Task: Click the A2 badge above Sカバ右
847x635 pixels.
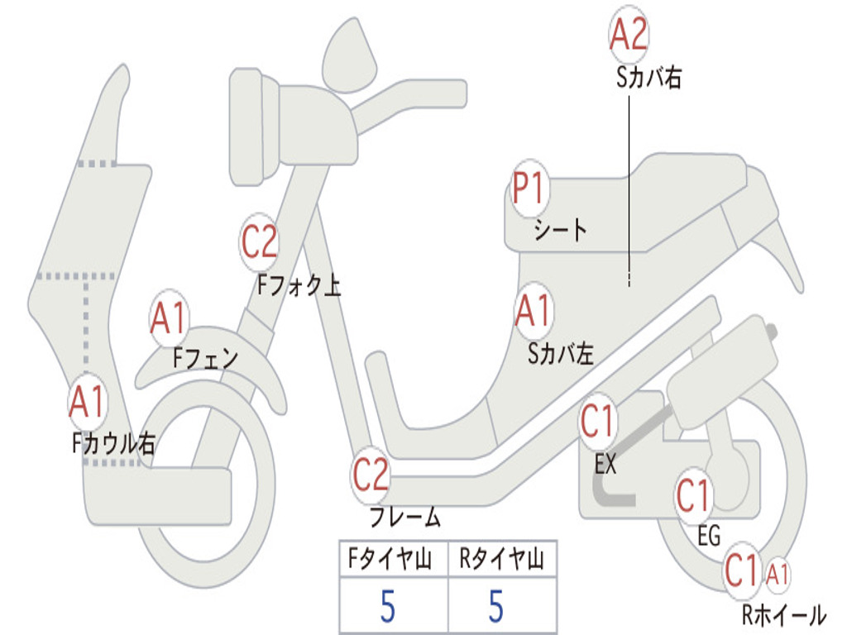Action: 629,33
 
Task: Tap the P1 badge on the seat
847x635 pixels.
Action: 529,188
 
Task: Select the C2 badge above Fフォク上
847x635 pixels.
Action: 259,242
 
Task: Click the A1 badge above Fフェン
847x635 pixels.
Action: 169,318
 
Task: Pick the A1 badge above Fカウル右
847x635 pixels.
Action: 87,402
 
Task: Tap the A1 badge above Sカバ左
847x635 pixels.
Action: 534,311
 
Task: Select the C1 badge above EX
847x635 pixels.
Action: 597,422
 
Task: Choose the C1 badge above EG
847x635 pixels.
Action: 693,496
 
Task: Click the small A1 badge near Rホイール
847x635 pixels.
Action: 778,574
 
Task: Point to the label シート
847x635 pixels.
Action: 560,230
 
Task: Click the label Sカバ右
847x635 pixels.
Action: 648,77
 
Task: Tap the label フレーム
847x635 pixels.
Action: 405,517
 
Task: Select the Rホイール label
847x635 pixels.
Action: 784,614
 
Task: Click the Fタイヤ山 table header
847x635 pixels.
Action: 390,558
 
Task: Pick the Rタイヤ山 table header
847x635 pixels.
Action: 502,558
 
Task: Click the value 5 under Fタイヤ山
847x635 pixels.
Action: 388,606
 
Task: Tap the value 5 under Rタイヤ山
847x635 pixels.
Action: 496,606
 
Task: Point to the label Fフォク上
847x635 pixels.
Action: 299,284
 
